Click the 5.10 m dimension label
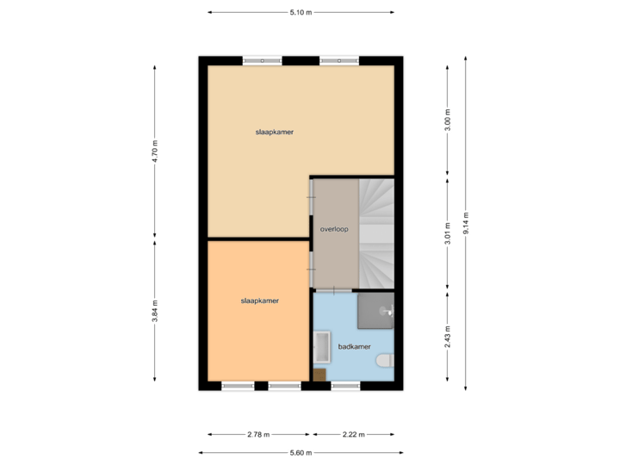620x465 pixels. click(x=301, y=12)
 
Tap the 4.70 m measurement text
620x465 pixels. click(x=155, y=151)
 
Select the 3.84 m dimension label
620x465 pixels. click(x=155, y=310)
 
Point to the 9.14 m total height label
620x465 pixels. click(x=466, y=222)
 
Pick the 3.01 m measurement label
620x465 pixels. click(x=447, y=233)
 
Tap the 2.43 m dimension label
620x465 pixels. click(x=447, y=334)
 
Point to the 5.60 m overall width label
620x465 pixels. click(x=301, y=453)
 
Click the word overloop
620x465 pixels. click(x=333, y=230)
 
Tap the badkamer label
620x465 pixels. click(x=354, y=347)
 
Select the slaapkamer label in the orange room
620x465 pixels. click(x=259, y=301)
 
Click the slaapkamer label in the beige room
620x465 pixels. click(x=274, y=132)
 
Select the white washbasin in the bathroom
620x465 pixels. click(x=322, y=349)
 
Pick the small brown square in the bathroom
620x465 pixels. click(x=319, y=375)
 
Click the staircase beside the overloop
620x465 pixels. click(x=375, y=232)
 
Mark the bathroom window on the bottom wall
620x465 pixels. click(x=345, y=386)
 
